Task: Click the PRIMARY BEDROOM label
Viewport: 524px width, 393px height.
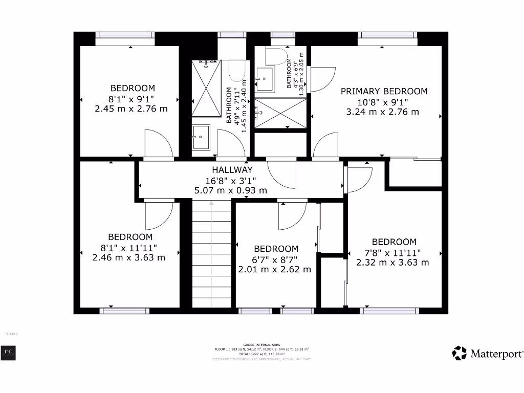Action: [384, 91]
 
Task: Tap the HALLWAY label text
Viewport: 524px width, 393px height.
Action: [232, 170]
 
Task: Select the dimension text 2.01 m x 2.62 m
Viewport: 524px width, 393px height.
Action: [274, 269]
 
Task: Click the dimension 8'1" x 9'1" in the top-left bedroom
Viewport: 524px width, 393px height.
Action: [131, 98]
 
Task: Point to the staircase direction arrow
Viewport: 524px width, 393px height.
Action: [211, 205]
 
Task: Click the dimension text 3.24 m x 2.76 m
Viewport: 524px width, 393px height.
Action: [383, 112]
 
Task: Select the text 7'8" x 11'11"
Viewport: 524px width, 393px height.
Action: [394, 252]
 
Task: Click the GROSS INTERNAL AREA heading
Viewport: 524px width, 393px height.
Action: [261, 345]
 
